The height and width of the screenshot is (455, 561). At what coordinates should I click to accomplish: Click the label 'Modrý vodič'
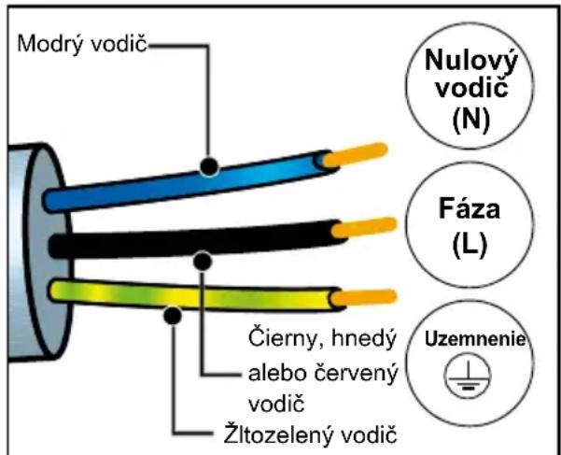coord(82,45)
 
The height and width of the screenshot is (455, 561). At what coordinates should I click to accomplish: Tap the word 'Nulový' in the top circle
coord(471,60)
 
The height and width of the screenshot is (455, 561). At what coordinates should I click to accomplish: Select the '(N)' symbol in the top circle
coord(470,120)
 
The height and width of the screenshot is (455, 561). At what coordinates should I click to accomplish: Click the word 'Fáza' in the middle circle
coord(470,208)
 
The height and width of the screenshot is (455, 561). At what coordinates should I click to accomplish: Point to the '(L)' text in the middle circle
coord(470,245)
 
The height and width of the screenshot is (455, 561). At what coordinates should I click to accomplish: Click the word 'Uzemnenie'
coord(475,339)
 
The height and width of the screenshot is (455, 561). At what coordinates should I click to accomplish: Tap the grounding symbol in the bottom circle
coord(468,377)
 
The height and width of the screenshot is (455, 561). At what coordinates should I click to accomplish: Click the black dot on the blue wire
coord(209,165)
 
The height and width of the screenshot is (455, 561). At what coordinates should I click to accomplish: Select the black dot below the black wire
coord(203,261)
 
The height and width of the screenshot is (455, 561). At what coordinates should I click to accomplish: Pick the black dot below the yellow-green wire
coord(173,316)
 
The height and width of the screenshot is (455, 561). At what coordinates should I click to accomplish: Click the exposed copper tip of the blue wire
coord(355,155)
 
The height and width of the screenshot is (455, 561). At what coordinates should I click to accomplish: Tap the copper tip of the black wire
coord(364,228)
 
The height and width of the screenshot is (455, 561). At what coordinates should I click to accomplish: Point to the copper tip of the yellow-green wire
coord(363,298)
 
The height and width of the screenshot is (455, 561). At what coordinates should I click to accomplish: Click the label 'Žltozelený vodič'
coord(310,434)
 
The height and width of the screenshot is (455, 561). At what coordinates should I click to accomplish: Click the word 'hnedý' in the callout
coord(363,337)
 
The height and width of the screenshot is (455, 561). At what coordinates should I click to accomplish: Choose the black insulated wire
coord(197,239)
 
